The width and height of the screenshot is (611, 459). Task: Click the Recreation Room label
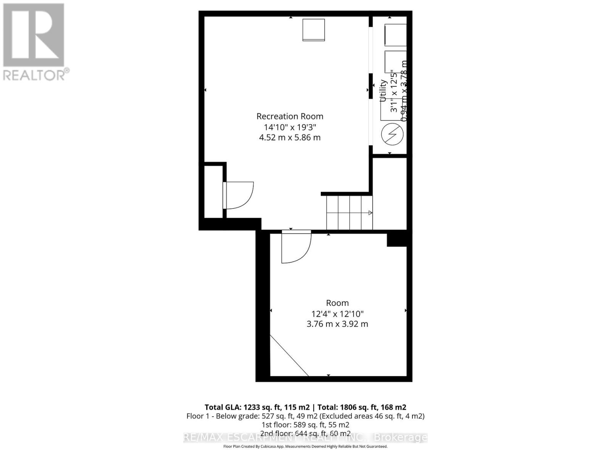290,116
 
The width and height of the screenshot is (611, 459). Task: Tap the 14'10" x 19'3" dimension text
290,127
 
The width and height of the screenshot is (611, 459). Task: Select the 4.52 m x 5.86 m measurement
290,137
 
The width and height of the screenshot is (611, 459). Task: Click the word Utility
383,90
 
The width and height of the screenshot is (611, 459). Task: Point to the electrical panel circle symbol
392,135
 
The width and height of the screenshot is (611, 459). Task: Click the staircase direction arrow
370,213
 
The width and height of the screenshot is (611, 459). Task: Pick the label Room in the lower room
337,303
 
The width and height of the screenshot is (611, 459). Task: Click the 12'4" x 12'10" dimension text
337,314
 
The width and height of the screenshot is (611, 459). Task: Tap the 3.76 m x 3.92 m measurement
337,324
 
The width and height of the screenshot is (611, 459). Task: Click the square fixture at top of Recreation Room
314,30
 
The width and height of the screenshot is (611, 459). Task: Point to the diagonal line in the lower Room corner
289,356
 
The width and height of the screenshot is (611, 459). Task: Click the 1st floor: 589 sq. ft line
305,425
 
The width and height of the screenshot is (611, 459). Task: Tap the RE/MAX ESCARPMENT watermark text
305,438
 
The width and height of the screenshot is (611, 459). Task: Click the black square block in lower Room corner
397,239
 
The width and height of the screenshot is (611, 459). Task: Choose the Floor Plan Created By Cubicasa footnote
305,446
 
